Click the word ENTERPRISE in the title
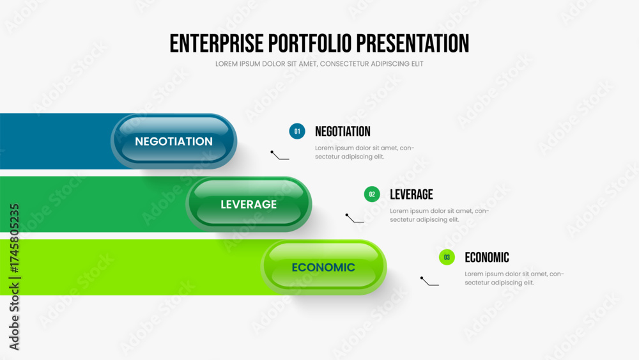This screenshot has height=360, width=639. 217,43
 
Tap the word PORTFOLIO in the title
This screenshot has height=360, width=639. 310,43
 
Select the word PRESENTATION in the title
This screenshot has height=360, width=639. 413,43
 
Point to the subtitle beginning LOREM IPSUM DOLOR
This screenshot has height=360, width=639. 319,64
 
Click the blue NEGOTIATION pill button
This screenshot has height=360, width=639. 174,141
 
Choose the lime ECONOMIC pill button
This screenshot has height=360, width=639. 323,267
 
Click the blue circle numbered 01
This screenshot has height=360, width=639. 297,131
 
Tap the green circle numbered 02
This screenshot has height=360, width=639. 372,194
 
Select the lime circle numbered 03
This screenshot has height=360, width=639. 447,257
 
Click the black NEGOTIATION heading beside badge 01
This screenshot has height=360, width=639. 343,131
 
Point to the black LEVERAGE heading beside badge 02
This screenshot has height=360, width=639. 411,194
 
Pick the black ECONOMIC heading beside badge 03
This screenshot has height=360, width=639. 487,258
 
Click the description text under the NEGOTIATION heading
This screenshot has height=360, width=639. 364,152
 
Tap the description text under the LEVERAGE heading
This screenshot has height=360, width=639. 440,215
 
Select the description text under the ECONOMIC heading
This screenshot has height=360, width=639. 514,278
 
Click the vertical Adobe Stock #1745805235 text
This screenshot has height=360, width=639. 14,277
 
